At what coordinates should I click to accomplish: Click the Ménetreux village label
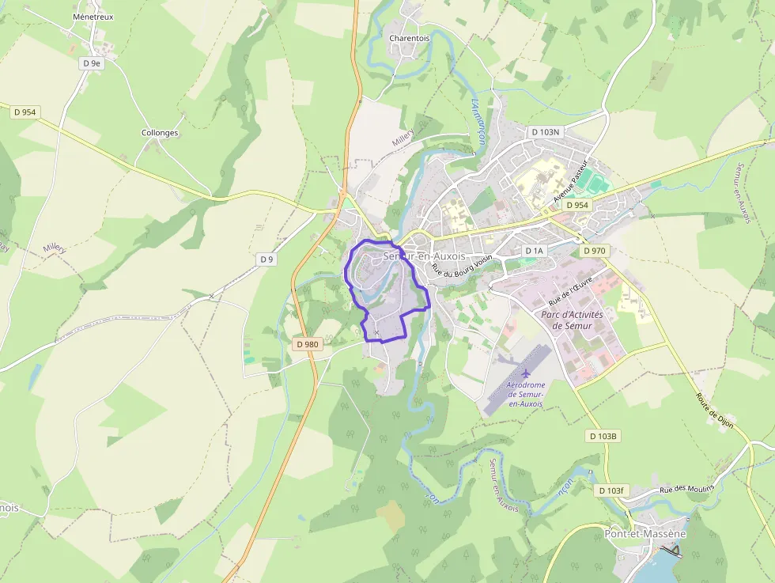pyautogui.click(x=93, y=16)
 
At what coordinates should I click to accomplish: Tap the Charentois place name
pyautogui.click(x=409, y=37)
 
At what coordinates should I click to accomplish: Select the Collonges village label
pyautogui.click(x=160, y=133)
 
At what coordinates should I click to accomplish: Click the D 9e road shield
pyautogui.click(x=93, y=62)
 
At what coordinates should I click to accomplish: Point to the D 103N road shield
pyautogui.click(x=545, y=132)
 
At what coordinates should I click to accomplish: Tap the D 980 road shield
pyautogui.click(x=306, y=344)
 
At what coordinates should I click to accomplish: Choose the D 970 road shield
pyautogui.click(x=594, y=251)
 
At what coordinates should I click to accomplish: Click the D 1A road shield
pyautogui.click(x=535, y=251)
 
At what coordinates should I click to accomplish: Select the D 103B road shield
pyautogui.click(x=603, y=436)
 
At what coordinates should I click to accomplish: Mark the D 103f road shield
pyautogui.click(x=611, y=490)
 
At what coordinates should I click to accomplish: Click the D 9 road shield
pyautogui.click(x=267, y=259)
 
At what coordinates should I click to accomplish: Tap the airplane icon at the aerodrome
pyautogui.click(x=526, y=373)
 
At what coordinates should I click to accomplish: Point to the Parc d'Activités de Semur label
pyautogui.click(x=572, y=320)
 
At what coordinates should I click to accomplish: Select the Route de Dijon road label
pyautogui.click(x=715, y=411)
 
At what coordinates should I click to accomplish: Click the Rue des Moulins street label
pyautogui.click(x=686, y=488)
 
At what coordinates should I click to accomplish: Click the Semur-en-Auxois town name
pyautogui.click(x=424, y=256)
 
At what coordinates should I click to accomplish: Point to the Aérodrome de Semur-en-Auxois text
pyautogui.click(x=525, y=394)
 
